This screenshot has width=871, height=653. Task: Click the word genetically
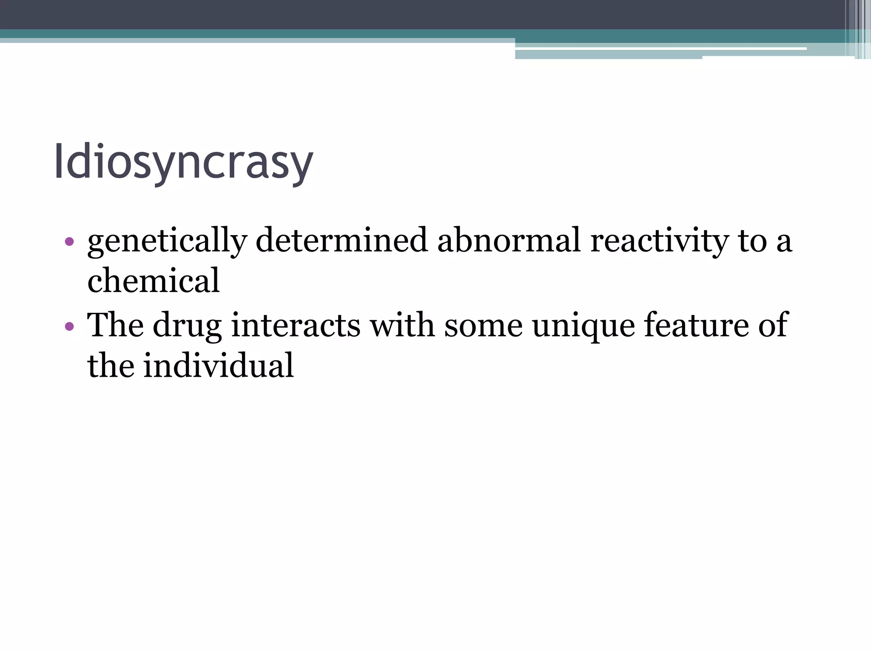(x=167, y=241)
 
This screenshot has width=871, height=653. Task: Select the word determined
(x=342, y=240)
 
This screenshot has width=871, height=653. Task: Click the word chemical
(x=154, y=281)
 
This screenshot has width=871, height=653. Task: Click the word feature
(x=696, y=325)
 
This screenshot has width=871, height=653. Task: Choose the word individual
(x=218, y=366)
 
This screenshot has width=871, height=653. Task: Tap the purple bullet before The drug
(x=69, y=327)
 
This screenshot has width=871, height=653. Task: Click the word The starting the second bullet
(x=115, y=325)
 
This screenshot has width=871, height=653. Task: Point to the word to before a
(x=752, y=241)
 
